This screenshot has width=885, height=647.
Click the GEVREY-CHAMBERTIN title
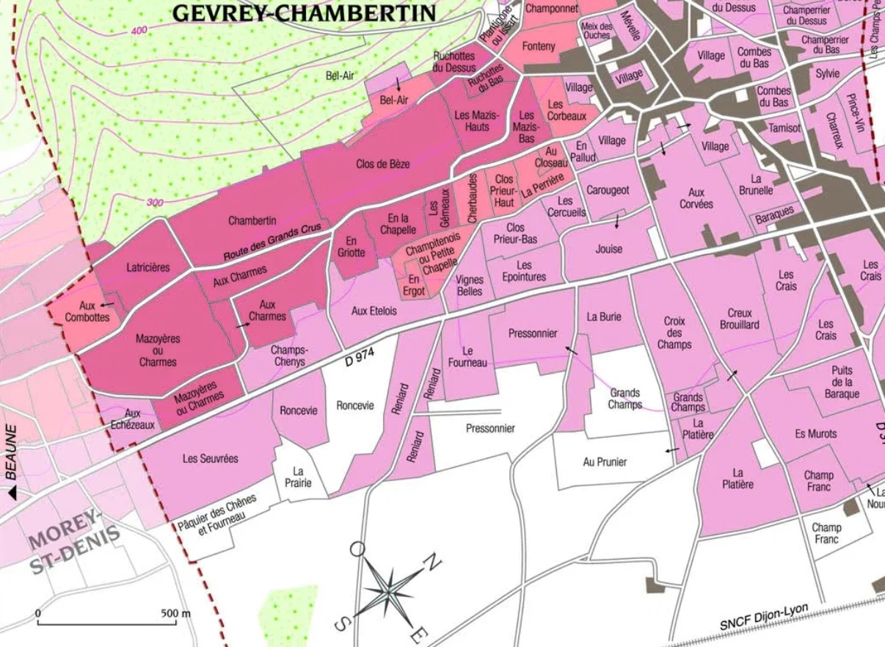[303, 12]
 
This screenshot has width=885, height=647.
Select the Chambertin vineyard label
[252, 220]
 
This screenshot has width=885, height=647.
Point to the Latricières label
[147, 267]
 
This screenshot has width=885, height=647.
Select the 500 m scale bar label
[175, 612]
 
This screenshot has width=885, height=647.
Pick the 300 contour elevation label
[155, 203]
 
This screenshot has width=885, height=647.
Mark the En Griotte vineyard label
[351, 246]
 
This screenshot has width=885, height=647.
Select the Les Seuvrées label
[210, 458]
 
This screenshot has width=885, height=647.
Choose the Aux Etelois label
[374, 311]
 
